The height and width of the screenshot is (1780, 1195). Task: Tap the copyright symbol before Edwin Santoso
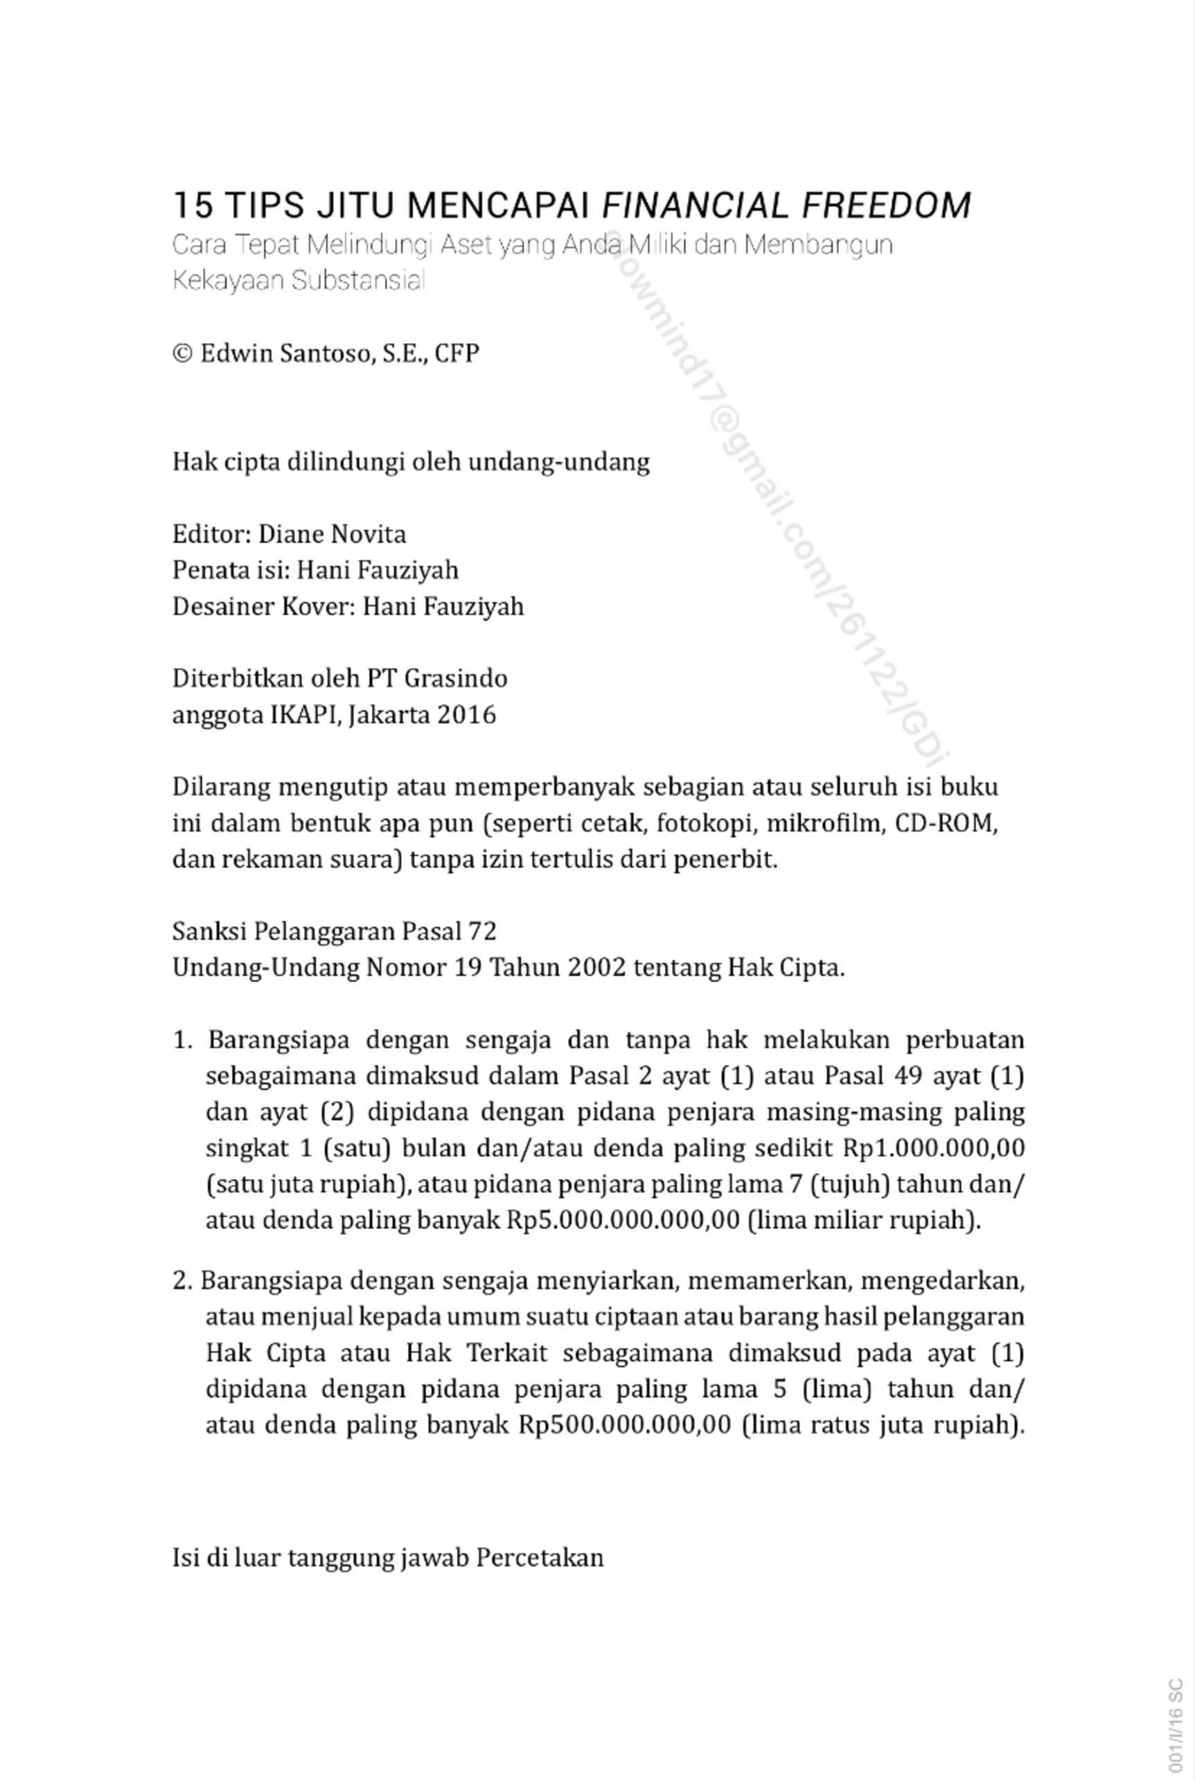[x=182, y=353]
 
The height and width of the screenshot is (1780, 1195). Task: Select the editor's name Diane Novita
[x=332, y=534]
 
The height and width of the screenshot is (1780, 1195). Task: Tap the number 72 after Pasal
[x=481, y=931]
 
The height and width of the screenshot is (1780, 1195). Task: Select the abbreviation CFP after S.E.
[x=457, y=353]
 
